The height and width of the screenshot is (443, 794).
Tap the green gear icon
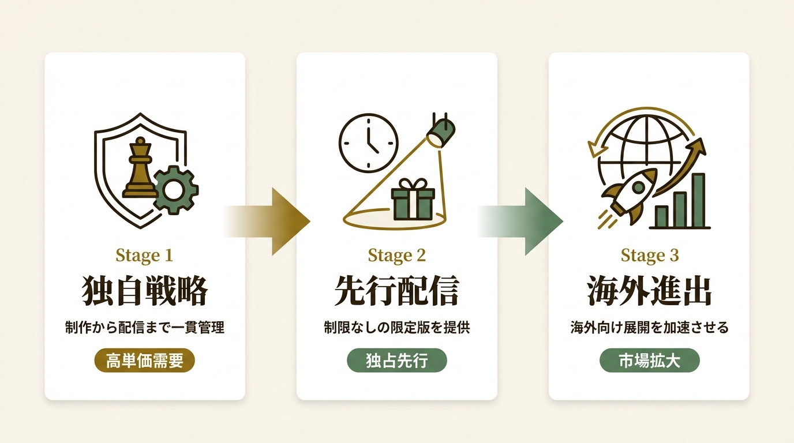(174, 190)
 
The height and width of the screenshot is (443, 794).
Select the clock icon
(368, 143)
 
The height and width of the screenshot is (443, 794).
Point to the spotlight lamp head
(441, 131)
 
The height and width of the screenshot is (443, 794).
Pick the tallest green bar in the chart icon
(698, 200)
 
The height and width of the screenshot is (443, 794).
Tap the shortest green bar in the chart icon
(661, 216)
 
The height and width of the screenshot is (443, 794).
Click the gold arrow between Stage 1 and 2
(268, 221)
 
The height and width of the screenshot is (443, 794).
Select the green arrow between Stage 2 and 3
(520, 221)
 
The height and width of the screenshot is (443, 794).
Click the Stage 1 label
(144, 256)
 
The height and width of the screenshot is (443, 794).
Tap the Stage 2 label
(396, 256)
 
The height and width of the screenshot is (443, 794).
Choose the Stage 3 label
(650, 256)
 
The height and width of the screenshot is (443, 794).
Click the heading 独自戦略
(145, 291)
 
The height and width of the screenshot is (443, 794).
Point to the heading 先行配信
(396, 291)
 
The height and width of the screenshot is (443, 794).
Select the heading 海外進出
(649, 291)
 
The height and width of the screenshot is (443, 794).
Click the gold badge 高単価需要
(145, 361)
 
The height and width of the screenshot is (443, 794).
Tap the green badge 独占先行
(396, 361)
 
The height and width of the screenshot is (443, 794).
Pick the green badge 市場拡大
(649, 361)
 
